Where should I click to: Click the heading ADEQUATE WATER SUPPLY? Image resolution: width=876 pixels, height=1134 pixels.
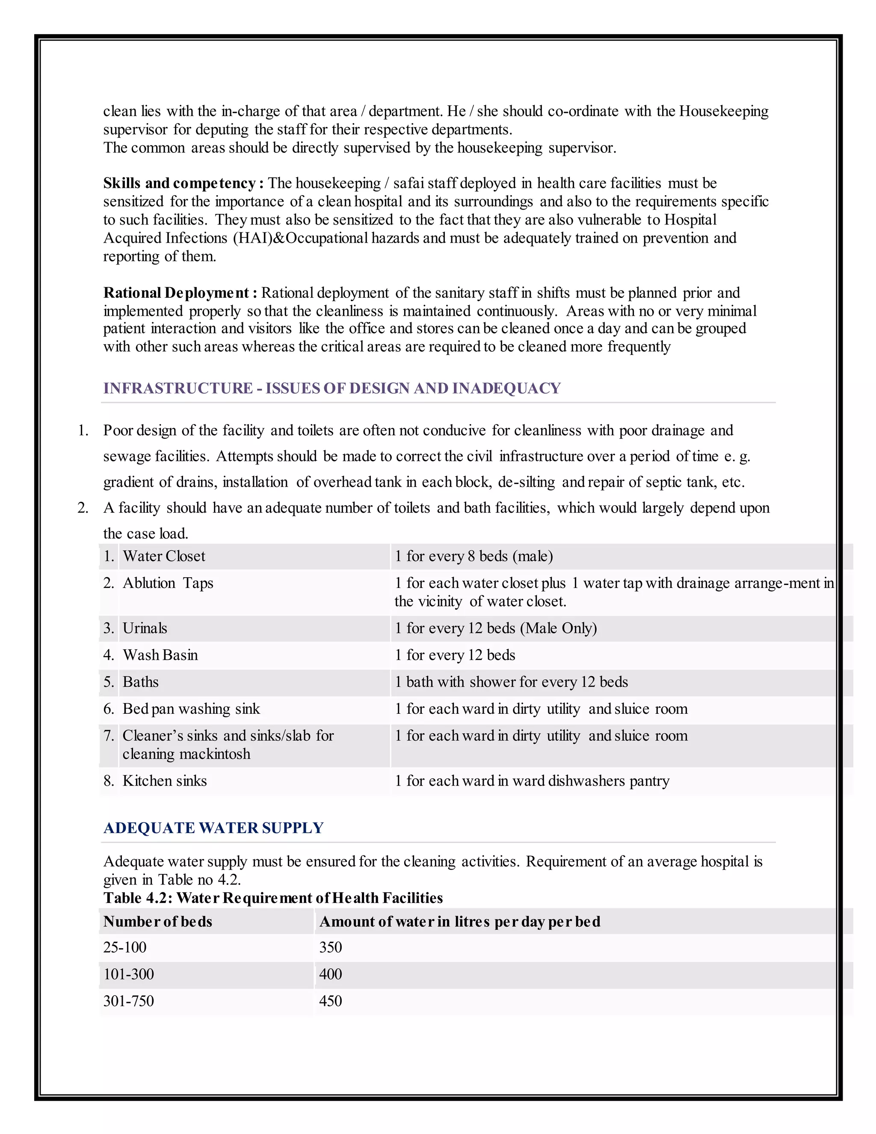click(213, 828)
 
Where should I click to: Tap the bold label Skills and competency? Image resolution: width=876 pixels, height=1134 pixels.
click(183, 183)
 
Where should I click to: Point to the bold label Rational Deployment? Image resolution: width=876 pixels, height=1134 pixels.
click(180, 293)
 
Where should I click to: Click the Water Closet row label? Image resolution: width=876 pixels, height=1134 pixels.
click(163, 556)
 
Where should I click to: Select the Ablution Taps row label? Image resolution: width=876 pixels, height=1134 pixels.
click(168, 583)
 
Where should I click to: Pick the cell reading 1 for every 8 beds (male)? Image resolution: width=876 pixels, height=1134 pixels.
click(474, 556)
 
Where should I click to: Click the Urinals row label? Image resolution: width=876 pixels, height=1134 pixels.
click(145, 628)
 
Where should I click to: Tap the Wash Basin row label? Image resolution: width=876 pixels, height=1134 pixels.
click(160, 655)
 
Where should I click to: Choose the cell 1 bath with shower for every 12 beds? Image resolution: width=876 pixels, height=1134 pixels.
click(511, 682)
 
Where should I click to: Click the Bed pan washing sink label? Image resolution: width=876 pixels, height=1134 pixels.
click(190, 709)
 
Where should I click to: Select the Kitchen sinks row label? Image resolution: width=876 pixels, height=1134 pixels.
click(165, 781)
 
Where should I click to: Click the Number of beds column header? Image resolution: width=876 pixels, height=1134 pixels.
click(158, 922)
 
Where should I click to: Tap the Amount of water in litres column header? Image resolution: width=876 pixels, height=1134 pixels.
click(459, 922)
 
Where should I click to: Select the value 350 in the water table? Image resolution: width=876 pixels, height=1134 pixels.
click(331, 947)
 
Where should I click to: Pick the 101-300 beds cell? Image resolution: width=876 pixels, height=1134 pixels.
click(129, 974)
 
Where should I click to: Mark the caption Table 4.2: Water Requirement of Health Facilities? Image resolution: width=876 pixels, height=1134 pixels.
click(273, 898)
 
